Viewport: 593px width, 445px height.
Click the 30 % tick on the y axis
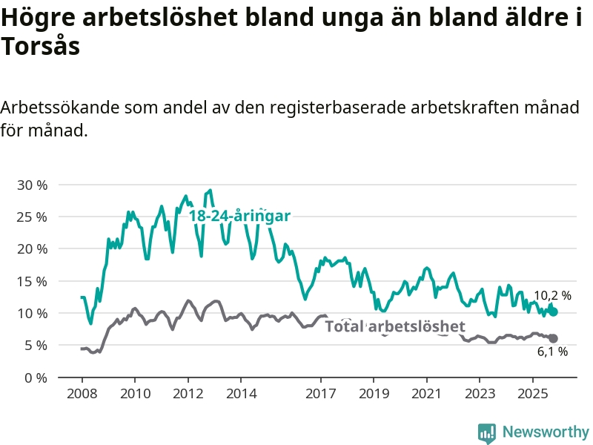click(x=31, y=185)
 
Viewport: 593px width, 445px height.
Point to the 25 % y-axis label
click(x=31, y=217)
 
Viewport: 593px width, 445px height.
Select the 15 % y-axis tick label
click(x=31, y=281)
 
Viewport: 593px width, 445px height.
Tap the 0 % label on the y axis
click(x=35, y=378)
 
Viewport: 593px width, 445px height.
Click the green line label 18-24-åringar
click(x=239, y=216)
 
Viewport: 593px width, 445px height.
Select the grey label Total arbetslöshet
click(x=395, y=326)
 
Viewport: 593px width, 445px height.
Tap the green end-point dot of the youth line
click(x=553, y=312)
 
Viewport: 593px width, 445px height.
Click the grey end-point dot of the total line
click(x=553, y=338)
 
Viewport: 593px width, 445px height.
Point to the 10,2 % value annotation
click(x=552, y=295)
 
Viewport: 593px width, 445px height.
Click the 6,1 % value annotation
click(x=552, y=352)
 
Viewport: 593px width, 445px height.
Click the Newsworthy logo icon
click(x=487, y=432)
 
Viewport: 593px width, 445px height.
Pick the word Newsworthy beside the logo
click(x=546, y=432)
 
